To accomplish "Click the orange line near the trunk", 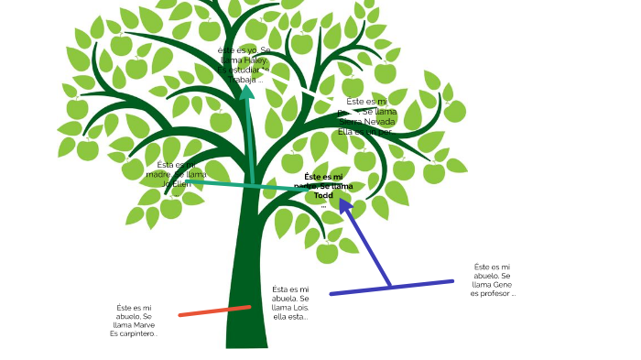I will pos(214,311).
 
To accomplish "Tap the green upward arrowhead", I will pos(246,91).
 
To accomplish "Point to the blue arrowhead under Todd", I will pos(345,205).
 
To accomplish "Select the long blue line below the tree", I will pos(392,288).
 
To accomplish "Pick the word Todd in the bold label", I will pos(323,195).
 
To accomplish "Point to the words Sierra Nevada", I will pos(367,121).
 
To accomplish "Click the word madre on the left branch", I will pos(158,174).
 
